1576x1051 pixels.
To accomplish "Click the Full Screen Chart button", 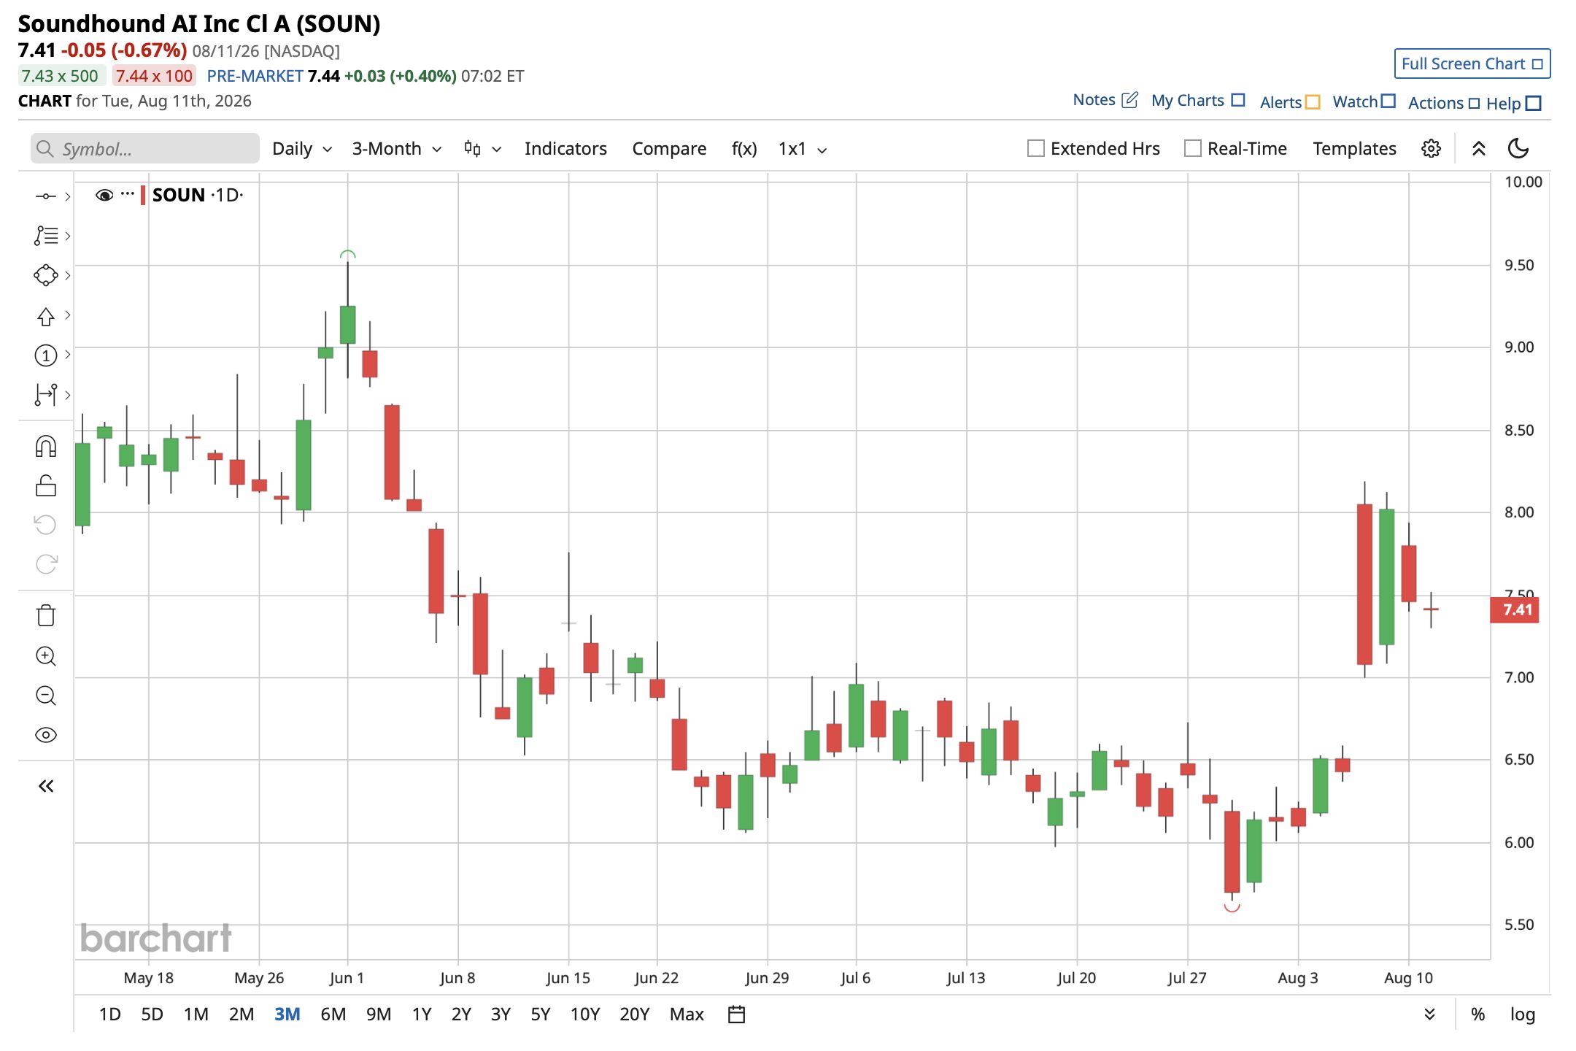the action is pyautogui.click(x=1472, y=63).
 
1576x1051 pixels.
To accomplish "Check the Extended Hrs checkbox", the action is pyautogui.click(x=1035, y=148).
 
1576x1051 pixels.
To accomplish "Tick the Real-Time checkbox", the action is pyautogui.click(x=1192, y=148).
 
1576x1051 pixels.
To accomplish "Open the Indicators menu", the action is pyautogui.click(x=565, y=149).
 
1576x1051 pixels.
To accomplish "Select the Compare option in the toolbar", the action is pyautogui.click(x=669, y=149).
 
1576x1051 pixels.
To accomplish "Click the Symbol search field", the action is pyautogui.click(x=145, y=148).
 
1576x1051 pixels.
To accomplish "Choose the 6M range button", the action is pyautogui.click(x=333, y=1015).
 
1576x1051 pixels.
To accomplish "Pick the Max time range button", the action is pyautogui.click(x=687, y=1015).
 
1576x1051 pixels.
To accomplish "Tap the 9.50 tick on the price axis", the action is pyautogui.click(x=1519, y=265).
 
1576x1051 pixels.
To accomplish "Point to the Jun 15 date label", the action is pyautogui.click(x=568, y=978).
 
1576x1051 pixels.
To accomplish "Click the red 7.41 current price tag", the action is pyautogui.click(x=1515, y=609).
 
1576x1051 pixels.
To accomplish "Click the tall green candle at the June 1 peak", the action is pyautogui.click(x=347, y=324).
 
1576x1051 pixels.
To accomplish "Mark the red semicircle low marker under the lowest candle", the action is pyautogui.click(x=1232, y=909).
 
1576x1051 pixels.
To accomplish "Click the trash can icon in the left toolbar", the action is pyautogui.click(x=46, y=615).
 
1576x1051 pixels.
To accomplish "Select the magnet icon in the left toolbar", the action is pyautogui.click(x=46, y=446).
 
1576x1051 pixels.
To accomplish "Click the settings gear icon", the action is pyautogui.click(x=1431, y=149).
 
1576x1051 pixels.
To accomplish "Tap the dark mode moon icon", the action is pyautogui.click(x=1518, y=149).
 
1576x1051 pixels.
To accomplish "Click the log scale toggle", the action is pyautogui.click(x=1522, y=1015).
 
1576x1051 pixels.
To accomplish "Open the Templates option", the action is pyautogui.click(x=1354, y=149).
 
